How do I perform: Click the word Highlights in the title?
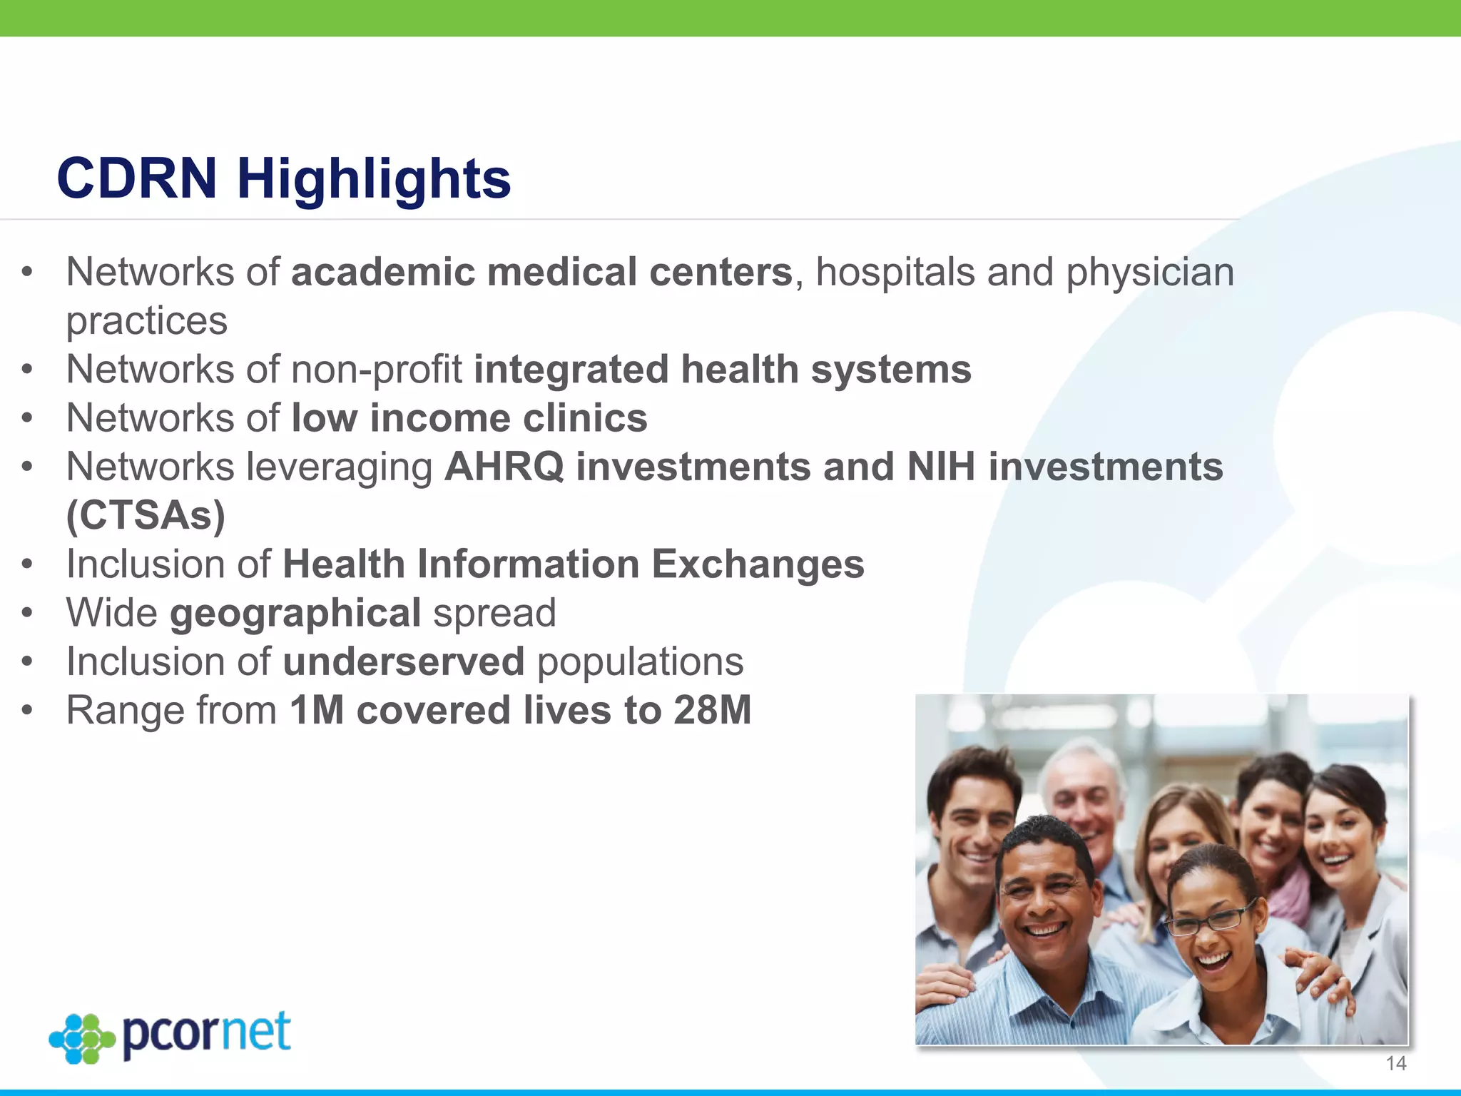click(x=374, y=179)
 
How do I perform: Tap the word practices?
click(x=147, y=321)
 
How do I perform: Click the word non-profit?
click(x=376, y=370)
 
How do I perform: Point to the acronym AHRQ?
click(x=504, y=467)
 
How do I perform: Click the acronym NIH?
click(x=940, y=467)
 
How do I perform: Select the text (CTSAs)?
click(x=146, y=515)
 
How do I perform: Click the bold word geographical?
click(x=295, y=614)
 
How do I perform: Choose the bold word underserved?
click(x=404, y=661)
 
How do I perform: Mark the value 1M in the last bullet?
click(x=317, y=711)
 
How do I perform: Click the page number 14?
click(x=1395, y=1064)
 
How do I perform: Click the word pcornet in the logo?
click(x=206, y=1034)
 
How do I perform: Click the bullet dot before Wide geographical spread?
click(x=27, y=614)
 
